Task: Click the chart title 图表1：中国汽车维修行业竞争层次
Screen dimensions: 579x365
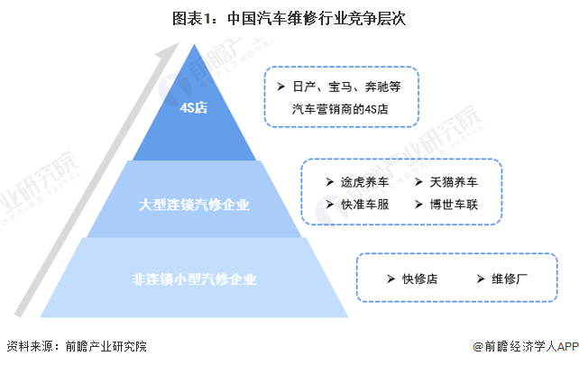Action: click(289, 17)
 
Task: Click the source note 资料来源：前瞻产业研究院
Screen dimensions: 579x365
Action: click(76, 346)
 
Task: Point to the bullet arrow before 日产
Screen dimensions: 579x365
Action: click(281, 87)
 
